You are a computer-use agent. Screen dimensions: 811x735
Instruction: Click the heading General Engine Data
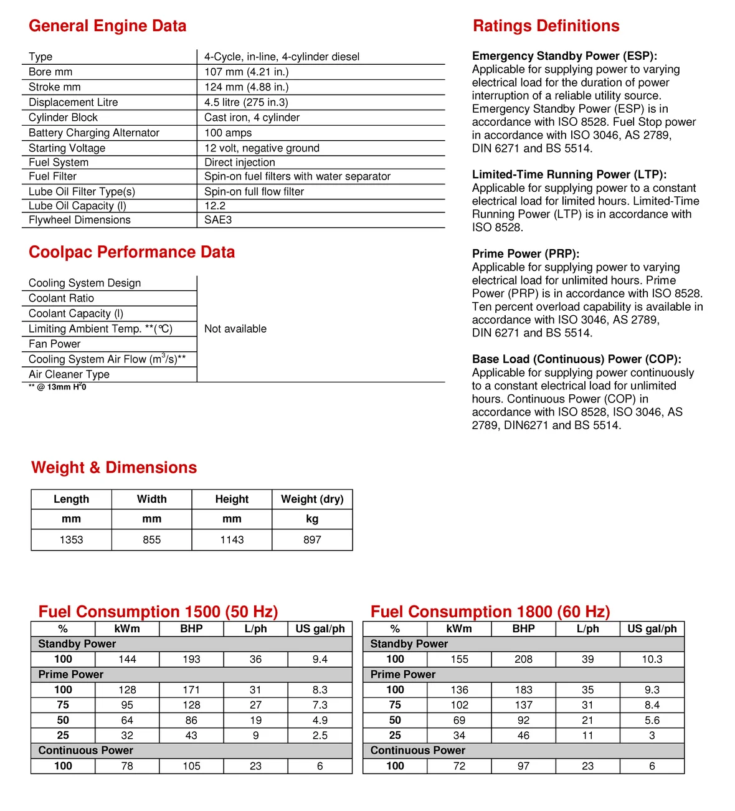click(107, 26)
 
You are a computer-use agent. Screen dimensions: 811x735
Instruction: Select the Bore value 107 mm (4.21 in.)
click(246, 72)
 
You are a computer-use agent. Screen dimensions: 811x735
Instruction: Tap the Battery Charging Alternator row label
click(94, 133)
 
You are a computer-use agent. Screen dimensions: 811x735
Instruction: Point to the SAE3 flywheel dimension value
click(218, 220)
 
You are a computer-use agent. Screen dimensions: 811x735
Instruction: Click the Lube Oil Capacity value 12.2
click(215, 206)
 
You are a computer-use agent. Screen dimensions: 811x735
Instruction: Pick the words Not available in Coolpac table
click(235, 329)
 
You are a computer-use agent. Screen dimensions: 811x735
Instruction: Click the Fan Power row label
click(55, 344)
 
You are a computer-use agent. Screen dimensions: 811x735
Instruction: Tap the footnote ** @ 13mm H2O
click(57, 387)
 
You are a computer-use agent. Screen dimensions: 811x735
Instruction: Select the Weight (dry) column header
click(312, 499)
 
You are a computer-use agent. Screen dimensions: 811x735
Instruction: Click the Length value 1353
click(71, 540)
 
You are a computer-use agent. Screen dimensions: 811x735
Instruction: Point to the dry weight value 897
click(312, 540)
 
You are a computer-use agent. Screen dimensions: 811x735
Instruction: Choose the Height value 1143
click(232, 540)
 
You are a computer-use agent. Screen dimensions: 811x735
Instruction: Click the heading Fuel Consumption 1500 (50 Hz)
click(158, 612)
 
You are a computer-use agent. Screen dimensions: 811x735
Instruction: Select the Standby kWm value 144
click(127, 659)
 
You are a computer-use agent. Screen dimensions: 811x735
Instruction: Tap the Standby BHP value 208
click(523, 659)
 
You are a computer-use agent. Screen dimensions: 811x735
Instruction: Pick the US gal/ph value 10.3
click(652, 659)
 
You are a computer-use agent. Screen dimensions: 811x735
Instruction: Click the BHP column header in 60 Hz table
click(523, 628)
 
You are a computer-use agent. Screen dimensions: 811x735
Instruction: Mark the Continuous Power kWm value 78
click(127, 766)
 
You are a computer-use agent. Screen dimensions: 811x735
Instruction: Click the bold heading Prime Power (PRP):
click(526, 254)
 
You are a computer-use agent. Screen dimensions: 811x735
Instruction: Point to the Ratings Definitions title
click(546, 26)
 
